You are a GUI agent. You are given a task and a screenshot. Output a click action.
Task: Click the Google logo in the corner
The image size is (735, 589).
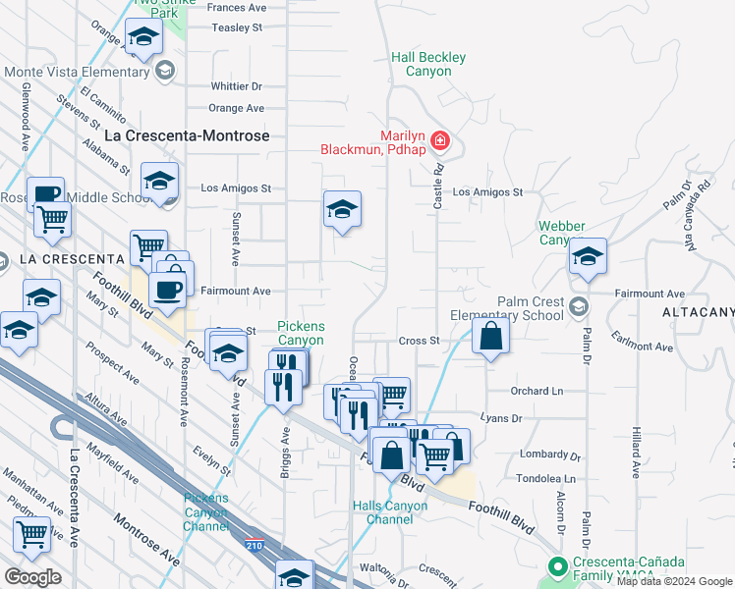tap(33, 577)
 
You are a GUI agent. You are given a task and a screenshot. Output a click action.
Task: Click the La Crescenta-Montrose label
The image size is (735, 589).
tap(187, 135)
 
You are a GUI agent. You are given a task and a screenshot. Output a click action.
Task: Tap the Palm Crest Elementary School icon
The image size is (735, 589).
tap(578, 304)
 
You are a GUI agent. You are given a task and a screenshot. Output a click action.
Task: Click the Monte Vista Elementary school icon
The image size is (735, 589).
tap(165, 70)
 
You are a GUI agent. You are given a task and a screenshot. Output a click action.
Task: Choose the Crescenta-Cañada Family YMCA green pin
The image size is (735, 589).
tap(557, 566)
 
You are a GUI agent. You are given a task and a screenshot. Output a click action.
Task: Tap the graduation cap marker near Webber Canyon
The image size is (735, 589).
tap(588, 257)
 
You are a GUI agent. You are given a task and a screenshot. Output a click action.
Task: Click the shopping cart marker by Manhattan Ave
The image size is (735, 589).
tap(32, 535)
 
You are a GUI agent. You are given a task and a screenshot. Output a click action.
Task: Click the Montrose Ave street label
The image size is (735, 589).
tap(146, 539)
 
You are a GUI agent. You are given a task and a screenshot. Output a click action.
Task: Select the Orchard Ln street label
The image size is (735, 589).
tap(536, 391)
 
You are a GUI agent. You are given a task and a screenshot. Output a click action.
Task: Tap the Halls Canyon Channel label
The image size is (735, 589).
tap(390, 513)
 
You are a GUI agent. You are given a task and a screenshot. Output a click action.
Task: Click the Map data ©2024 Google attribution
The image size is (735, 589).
tap(673, 581)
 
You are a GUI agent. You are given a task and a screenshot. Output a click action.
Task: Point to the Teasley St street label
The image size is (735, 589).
tap(239, 28)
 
